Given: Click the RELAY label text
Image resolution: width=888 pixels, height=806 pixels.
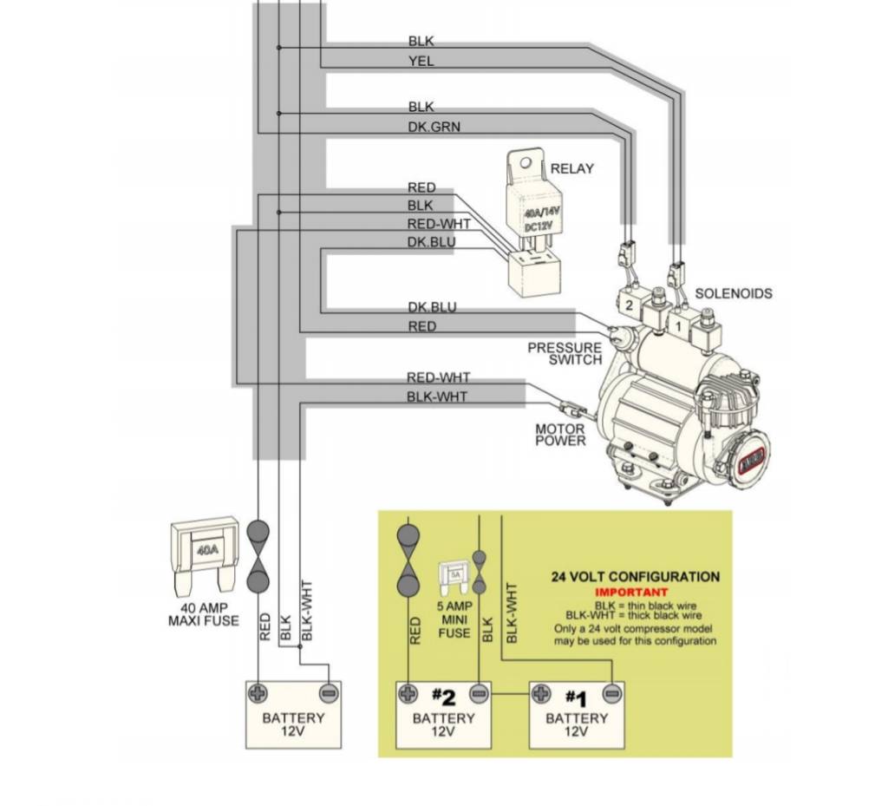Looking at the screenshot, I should [572, 168].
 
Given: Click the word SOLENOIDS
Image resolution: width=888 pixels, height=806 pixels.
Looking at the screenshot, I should [733, 293].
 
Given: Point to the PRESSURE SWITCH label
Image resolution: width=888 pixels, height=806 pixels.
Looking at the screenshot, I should [565, 354].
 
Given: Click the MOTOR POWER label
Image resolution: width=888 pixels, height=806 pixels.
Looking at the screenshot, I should [560, 435].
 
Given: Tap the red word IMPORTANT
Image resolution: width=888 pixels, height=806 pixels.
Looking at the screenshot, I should [635, 592].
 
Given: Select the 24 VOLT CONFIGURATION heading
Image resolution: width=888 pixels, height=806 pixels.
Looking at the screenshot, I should [636, 576].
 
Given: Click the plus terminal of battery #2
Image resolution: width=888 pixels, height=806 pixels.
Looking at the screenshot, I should [408, 693].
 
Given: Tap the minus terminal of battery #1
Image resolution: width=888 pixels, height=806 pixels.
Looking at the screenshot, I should [611, 693].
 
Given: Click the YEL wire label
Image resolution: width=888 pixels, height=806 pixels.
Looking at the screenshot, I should [421, 62].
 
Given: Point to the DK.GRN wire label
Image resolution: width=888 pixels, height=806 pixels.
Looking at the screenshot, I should [434, 127].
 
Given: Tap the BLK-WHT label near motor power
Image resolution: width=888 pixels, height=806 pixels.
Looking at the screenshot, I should [436, 396].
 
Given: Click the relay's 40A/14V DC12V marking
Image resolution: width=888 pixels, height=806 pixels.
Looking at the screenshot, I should [542, 218].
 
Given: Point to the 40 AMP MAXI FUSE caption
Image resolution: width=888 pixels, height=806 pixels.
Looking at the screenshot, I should [203, 614].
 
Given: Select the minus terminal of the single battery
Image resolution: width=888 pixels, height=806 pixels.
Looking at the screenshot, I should [328, 693].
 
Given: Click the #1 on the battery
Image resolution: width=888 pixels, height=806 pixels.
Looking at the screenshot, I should [576, 698].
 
